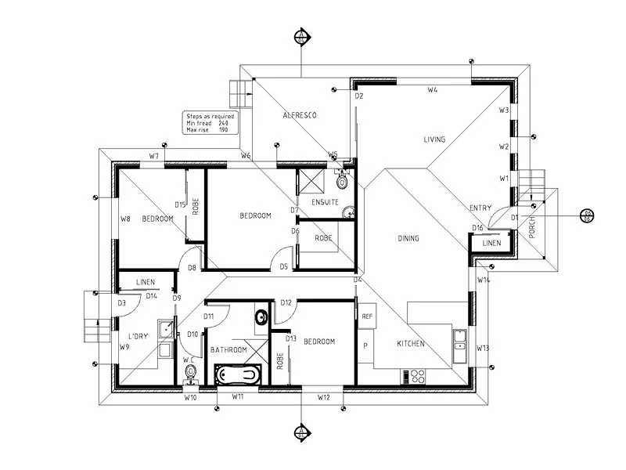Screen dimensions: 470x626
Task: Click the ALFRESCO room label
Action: (299, 116)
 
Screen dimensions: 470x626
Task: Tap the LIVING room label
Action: (434, 139)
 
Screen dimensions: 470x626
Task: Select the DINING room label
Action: (408, 239)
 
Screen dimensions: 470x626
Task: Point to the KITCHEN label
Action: (410, 344)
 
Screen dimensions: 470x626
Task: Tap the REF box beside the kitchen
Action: (367, 316)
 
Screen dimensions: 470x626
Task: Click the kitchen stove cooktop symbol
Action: (416, 376)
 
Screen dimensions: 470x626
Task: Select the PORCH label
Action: (534, 230)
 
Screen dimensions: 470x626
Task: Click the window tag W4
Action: (432, 91)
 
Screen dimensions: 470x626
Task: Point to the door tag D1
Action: (515, 217)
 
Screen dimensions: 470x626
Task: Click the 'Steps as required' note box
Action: (208, 123)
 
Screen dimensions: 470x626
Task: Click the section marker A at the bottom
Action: (300, 432)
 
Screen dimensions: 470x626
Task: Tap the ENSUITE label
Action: (324, 202)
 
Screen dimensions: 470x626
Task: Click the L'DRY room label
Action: (137, 337)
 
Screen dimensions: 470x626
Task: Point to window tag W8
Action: (124, 219)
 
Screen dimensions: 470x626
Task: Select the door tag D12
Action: (286, 302)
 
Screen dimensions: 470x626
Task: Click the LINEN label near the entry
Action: (491, 244)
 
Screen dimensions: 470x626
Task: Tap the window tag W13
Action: (483, 348)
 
